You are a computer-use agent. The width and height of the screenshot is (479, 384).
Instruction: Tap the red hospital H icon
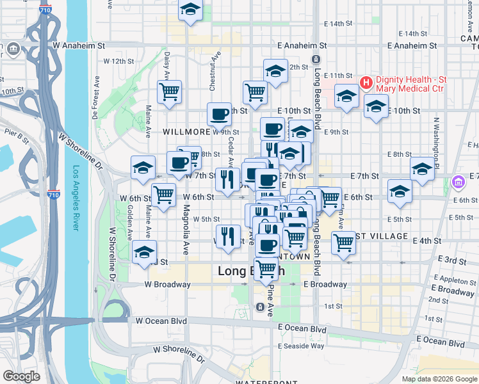click(x=366, y=83)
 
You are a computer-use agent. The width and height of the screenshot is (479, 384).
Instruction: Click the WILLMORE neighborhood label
click(x=186, y=131)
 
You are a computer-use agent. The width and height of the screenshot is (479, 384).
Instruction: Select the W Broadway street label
click(x=167, y=284)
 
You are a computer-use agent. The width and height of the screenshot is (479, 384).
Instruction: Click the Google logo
click(x=21, y=376)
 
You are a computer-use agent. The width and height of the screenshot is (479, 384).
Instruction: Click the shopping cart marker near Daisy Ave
click(x=169, y=92)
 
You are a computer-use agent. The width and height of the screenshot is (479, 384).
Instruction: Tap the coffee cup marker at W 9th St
click(x=219, y=115)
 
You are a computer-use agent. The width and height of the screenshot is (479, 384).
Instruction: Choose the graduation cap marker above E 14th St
click(x=190, y=10)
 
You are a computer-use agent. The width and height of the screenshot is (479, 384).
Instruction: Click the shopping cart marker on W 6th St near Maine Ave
click(x=164, y=194)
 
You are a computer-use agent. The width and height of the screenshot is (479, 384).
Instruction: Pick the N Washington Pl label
click(x=437, y=140)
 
